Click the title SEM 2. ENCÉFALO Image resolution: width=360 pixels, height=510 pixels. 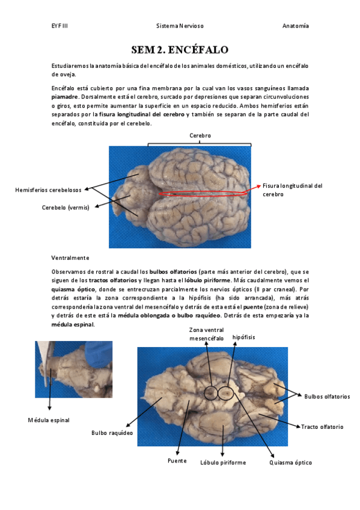[180, 50]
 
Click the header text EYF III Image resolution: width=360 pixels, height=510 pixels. [59, 26]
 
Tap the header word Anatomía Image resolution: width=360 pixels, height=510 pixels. [295, 26]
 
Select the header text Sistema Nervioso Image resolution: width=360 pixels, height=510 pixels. [180, 26]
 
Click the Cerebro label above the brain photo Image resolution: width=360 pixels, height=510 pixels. [200, 136]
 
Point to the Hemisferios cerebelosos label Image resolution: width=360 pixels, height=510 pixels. [49, 190]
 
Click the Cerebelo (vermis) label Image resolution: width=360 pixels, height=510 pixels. [66, 207]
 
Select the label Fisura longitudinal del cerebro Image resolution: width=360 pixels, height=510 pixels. [293, 190]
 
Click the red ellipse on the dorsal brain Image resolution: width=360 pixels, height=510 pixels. [203, 191]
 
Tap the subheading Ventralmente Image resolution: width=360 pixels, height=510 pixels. [70, 258]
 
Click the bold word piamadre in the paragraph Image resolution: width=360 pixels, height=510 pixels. [65, 97]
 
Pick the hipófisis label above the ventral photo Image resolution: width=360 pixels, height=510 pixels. [243, 337]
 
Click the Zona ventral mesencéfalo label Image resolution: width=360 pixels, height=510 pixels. [207, 334]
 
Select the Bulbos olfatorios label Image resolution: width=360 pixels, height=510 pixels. [327, 396]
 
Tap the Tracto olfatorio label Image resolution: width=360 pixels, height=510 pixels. [322, 427]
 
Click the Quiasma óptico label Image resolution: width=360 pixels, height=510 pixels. [290, 462]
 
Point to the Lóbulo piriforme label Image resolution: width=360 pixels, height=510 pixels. [223, 462]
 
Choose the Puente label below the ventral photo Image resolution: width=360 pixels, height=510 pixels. [177, 461]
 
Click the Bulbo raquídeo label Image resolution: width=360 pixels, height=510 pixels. [112, 433]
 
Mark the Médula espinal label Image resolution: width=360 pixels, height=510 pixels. [49, 420]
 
